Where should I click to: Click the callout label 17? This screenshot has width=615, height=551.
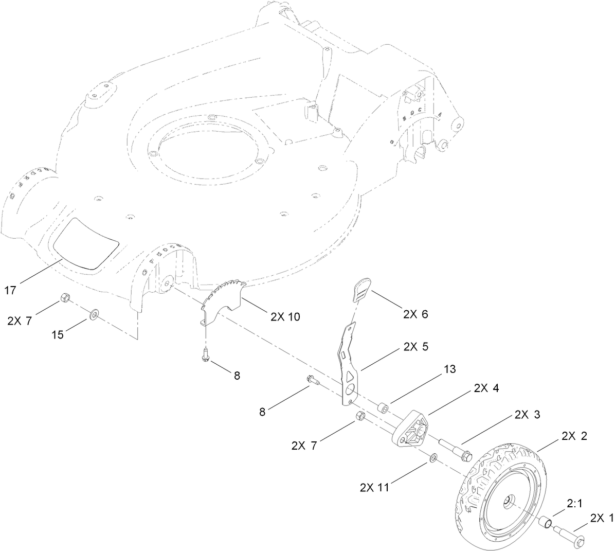click(x=10, y=290)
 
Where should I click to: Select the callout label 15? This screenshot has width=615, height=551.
click(x=57, y=335)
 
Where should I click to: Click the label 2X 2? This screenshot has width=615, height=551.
click(x=574, y=436)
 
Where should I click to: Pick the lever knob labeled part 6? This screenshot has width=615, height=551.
click(x=361, y=289)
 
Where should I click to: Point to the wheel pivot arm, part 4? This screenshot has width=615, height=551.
click(x=411, y=426)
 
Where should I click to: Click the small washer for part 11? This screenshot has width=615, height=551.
click(x=433, y=457)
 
